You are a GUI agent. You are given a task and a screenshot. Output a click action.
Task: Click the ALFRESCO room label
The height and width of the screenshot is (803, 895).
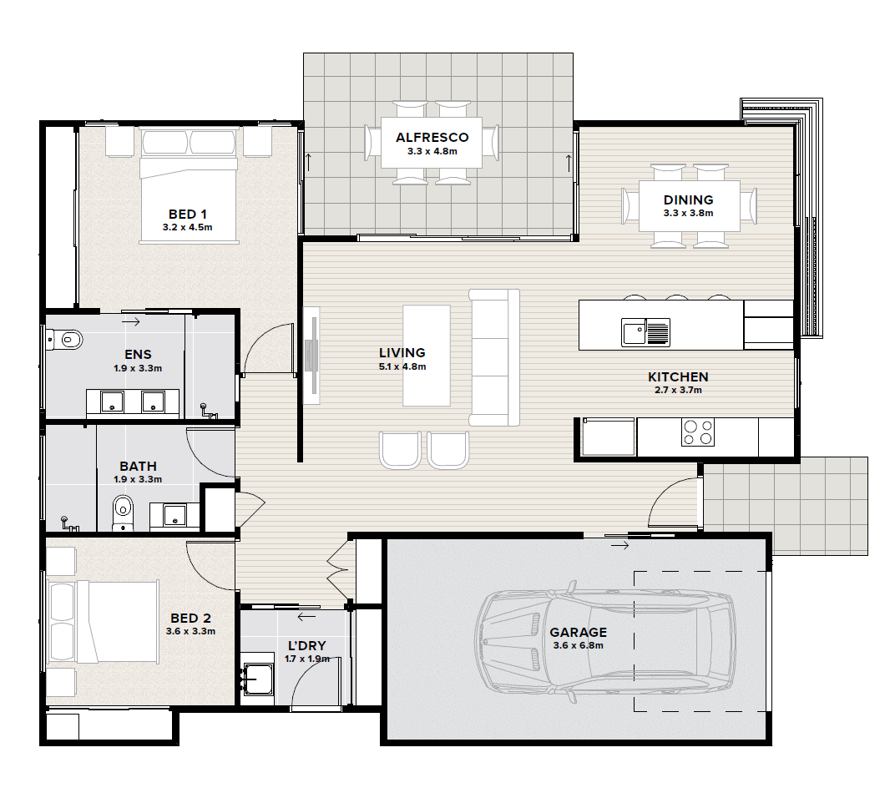(x=432, y=138)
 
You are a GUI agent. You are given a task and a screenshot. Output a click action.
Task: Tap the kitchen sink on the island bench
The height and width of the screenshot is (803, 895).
(x=645, y=332)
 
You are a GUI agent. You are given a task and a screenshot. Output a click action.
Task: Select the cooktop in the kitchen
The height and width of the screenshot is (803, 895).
(x=697, y=432)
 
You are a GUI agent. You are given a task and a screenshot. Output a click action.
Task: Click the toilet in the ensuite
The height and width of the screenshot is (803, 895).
(x=64, y=341)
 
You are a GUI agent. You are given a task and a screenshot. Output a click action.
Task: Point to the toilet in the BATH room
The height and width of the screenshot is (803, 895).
(x=122, y=513)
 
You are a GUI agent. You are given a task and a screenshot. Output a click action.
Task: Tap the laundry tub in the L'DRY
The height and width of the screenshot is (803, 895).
(x=258, y=679)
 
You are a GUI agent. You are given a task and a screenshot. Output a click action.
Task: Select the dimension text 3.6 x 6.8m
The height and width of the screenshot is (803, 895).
(x=578, y=645)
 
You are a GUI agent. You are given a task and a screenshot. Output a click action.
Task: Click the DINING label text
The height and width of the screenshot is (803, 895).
(x=689, y=199)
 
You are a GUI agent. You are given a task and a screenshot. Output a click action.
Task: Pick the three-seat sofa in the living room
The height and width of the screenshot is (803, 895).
(x=494, y=357)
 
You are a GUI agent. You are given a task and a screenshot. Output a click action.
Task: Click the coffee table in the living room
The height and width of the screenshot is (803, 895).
(x=427, y=356)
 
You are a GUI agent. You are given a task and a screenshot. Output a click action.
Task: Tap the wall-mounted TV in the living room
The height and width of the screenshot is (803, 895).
(x=311, y=356)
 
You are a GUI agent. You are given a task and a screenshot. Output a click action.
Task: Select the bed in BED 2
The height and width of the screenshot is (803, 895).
(x=102, y=622)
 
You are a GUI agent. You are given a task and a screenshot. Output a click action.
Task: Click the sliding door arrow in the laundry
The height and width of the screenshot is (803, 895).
(x=306, y=616)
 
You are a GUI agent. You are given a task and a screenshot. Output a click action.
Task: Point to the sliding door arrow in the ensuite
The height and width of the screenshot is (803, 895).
(x=131, y=322)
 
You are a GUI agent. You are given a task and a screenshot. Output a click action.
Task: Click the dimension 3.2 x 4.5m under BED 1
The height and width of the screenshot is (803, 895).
(x=187, y=227)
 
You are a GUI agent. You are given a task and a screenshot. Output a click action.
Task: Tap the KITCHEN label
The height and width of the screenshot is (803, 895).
(x=678, y=376)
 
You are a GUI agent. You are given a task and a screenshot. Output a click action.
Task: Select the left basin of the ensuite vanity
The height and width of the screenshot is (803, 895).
(x=112, y=401)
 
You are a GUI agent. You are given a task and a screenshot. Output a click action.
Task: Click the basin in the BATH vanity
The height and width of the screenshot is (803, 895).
(x=174, y=515)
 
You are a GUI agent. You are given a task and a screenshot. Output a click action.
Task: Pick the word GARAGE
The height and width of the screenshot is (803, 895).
(x=579, y=633)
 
